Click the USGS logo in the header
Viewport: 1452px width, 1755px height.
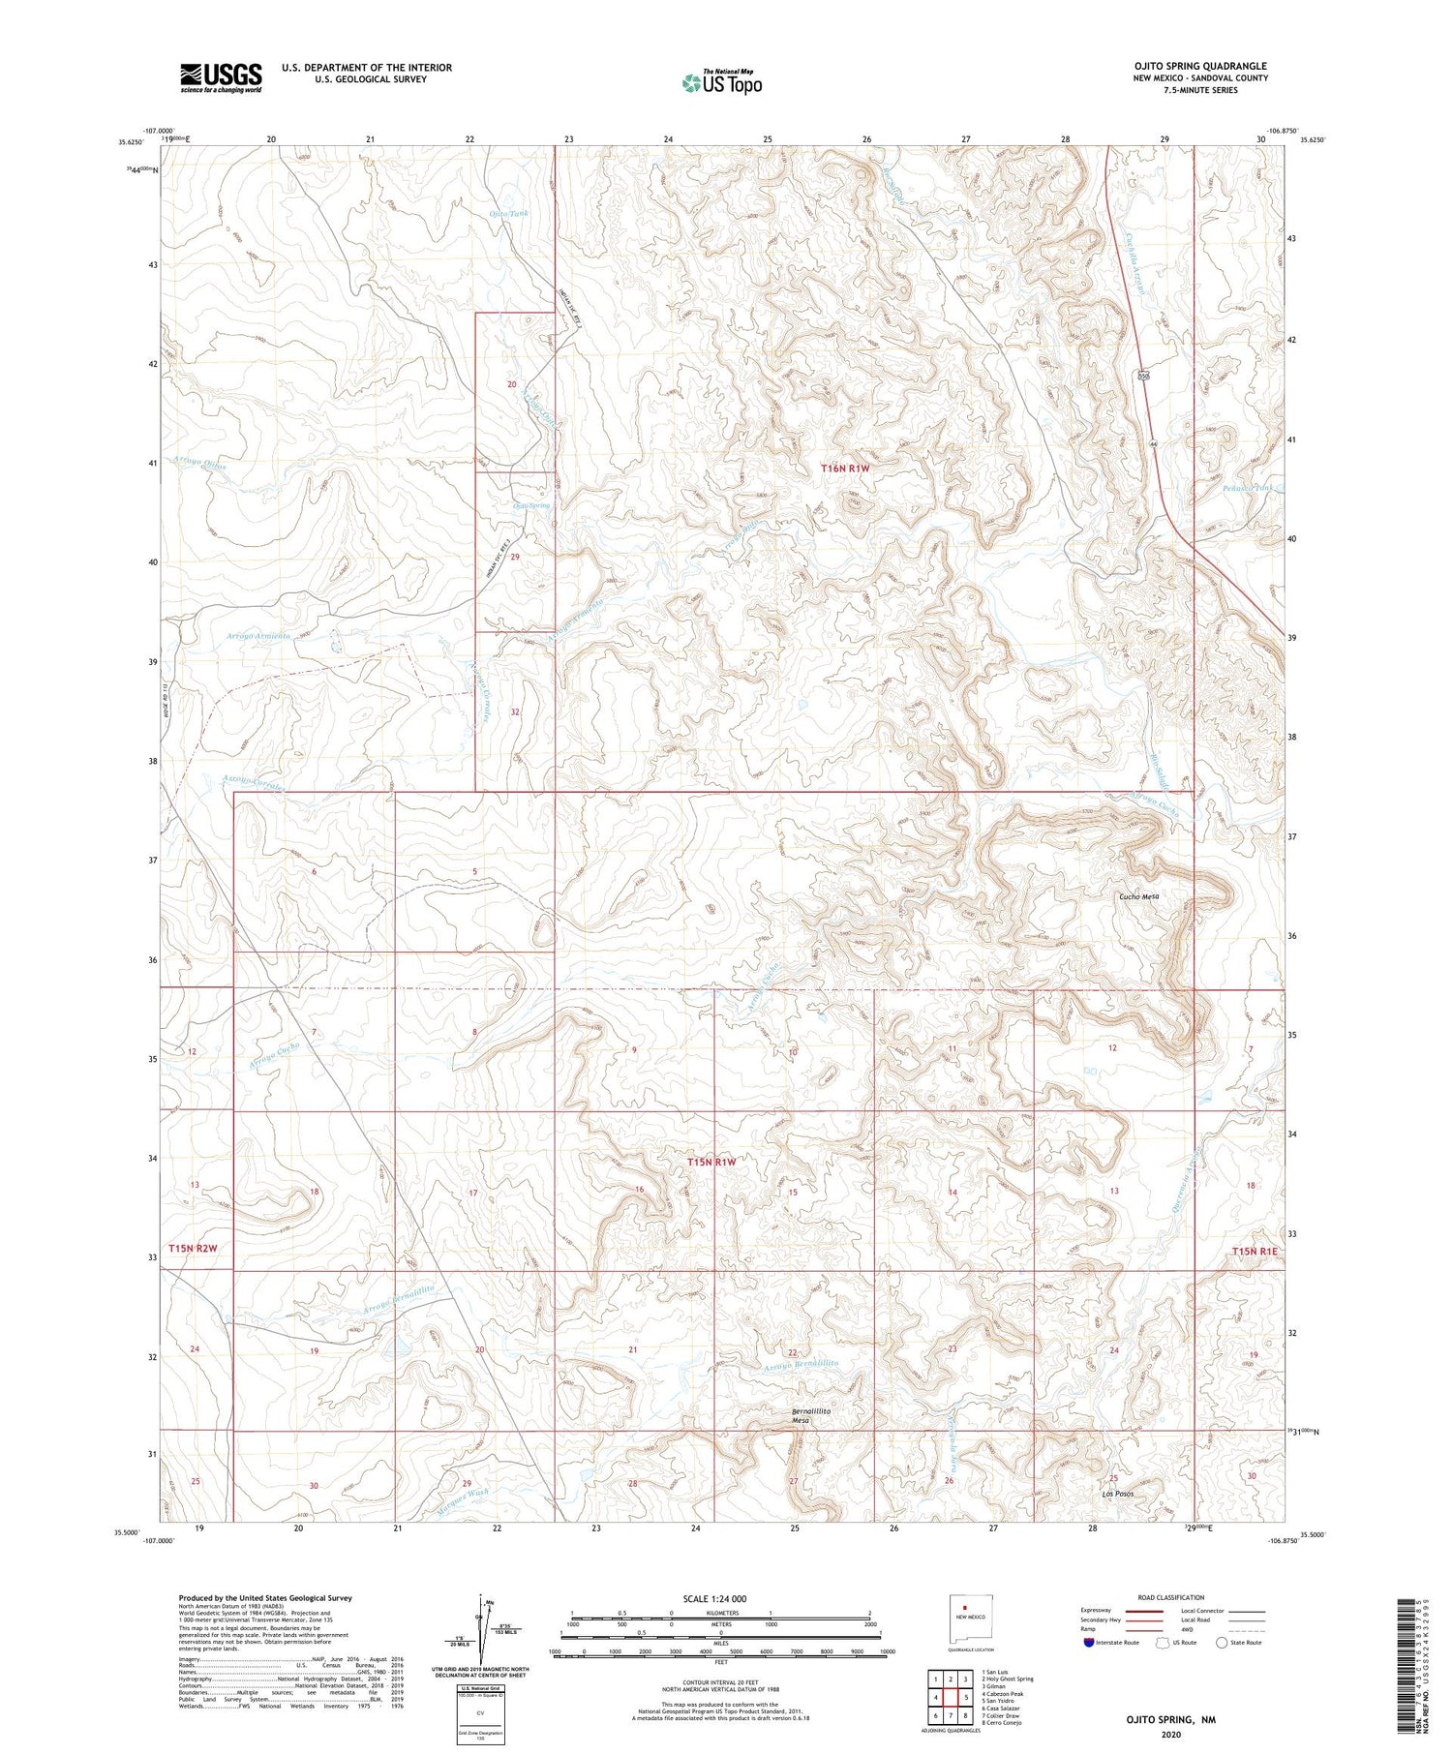pos(221,77)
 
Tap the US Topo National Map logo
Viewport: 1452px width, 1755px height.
pos(721,82)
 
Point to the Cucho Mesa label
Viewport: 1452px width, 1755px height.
pos(1138,896)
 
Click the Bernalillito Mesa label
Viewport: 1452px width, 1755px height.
pos(811,1417)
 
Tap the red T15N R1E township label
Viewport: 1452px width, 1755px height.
pos(1255,1252)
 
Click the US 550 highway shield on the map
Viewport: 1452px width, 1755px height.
pos(1144,375)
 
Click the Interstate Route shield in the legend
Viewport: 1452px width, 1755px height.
pos(1089,1643)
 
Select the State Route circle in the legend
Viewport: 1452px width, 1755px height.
pos(1222,1643)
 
